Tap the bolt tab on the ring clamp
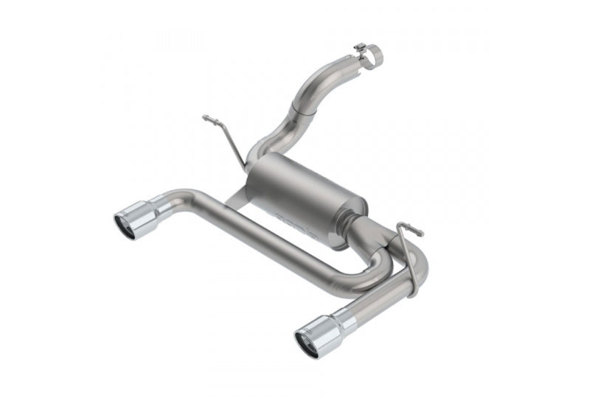[360, 48]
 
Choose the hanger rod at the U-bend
[409, 243]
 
